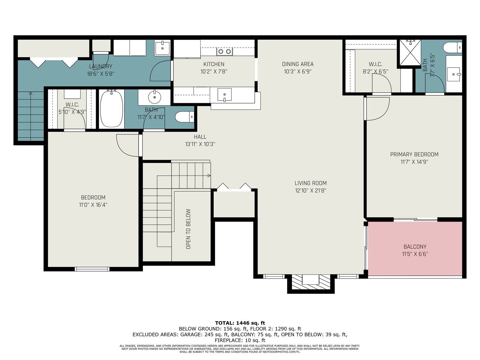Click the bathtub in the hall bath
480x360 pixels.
[111, 109]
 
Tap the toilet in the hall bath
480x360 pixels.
[184, 117]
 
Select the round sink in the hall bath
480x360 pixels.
[154, 97]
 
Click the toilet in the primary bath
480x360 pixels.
[452, 47]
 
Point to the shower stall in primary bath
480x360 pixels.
[410, 52]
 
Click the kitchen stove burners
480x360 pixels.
[225, 51]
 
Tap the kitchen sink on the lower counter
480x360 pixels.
[224, 94]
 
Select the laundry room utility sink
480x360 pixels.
[162, 48]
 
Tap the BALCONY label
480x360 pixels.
[415, 247]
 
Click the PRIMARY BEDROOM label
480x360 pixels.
[414, 154]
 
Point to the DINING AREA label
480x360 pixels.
[298, 64]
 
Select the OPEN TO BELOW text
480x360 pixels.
[188, 229]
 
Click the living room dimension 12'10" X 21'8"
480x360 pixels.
[310, 190]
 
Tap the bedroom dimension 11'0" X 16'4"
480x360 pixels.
[93, 205]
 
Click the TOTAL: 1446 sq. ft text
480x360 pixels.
[240, 323]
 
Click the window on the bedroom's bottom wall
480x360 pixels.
[92, 269]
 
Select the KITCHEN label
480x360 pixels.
[214, 64]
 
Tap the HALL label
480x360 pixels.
[200, 137]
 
